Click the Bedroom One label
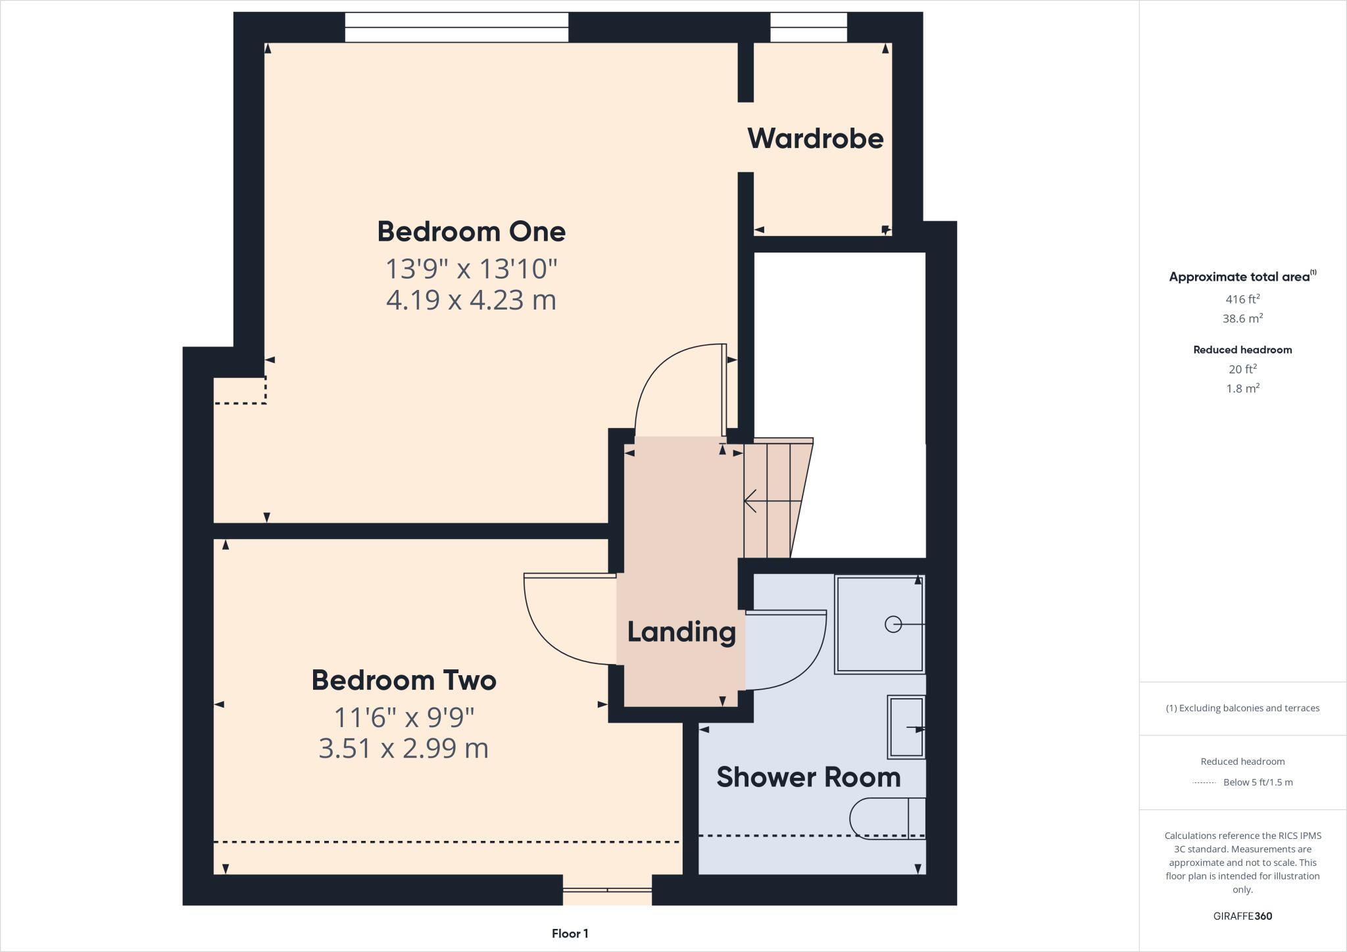(x=471, y=231)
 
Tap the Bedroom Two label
(x=403, y=680)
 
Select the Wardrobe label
(x=815, y=139)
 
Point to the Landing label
(x=681, y=632)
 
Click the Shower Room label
(x=808, y=777)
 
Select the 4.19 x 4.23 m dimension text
(x=471, y=300)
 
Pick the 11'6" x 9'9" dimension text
(x=404, y=717)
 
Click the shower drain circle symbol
(x=893, y=624)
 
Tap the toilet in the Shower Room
(x=885, y=819)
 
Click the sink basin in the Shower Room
(x=906, y=727)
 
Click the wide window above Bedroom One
(x=456, y=28)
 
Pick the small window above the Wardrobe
(x=808, y=28)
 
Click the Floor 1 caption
(x=570, y=934)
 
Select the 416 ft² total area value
(x=1242, y=299)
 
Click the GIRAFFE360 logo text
(x=1242, y=916)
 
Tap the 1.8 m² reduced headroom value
(x=1242, y=389)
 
